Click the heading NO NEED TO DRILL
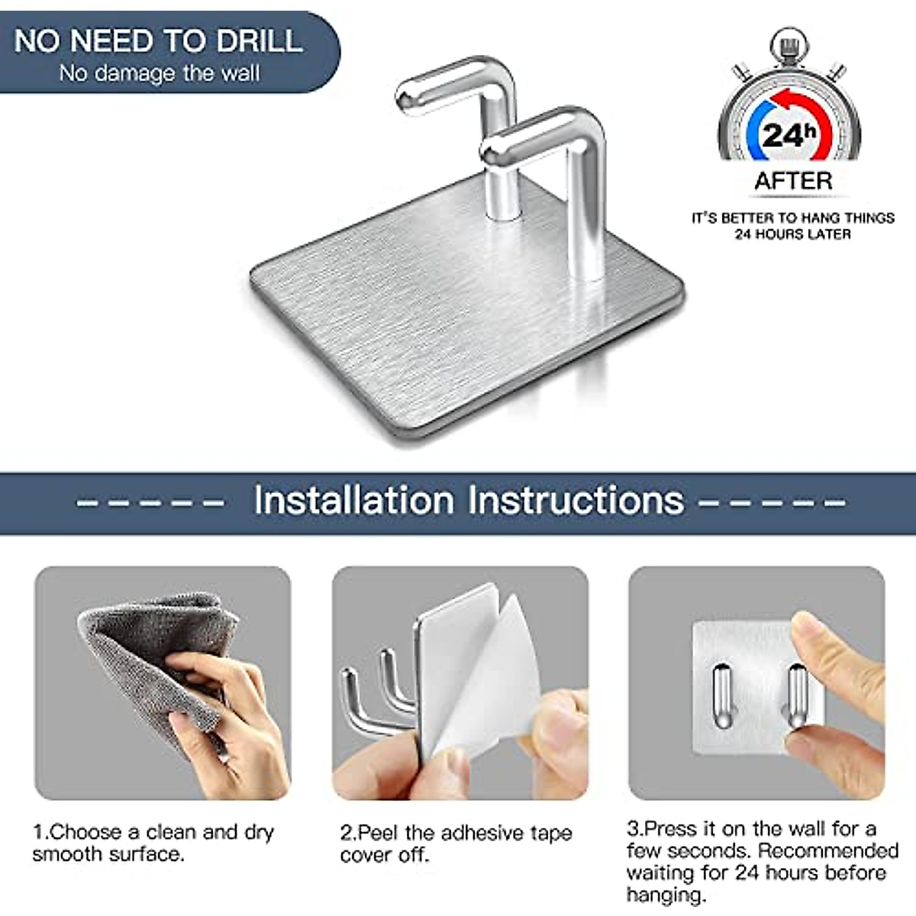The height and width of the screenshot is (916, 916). point(158,40)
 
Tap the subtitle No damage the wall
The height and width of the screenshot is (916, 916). point(160,73)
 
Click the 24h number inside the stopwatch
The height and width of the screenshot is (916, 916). point(789,135)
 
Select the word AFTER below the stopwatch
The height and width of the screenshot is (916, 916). point(792,182)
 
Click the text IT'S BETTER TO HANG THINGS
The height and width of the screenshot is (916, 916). point(792,218)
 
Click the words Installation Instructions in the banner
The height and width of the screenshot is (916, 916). point(468,501)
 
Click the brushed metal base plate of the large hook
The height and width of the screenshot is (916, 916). point(458,336)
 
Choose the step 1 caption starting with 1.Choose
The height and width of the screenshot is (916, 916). point(153,842)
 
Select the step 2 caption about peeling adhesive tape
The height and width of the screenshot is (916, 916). point(456,843)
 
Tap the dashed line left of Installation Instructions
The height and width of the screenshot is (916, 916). point(150,503)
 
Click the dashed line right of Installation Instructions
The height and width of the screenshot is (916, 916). point(772,503)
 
